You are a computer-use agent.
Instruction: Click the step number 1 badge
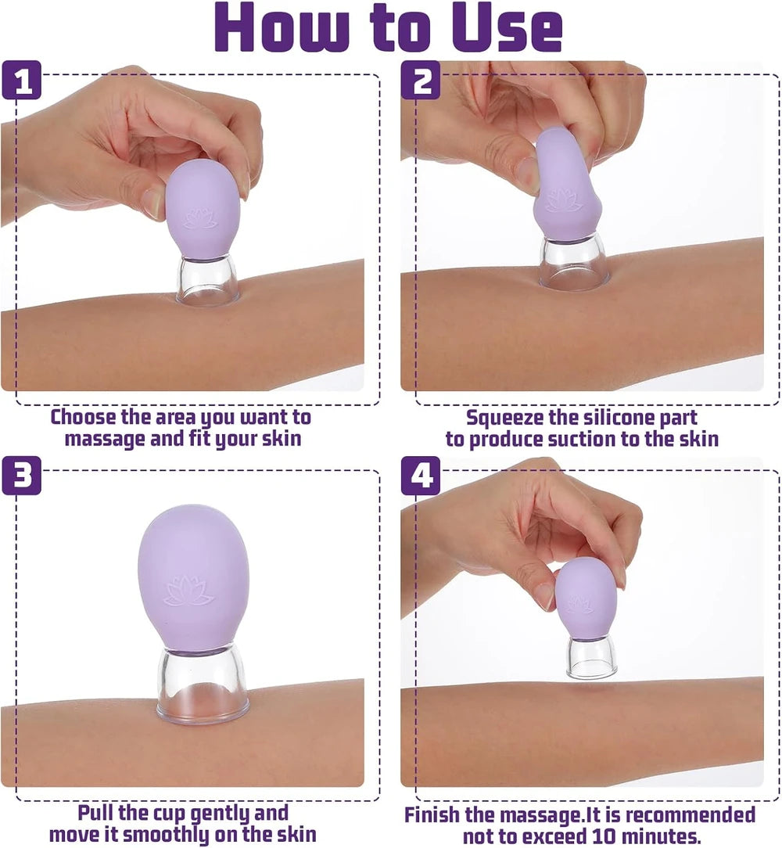click(22, 80)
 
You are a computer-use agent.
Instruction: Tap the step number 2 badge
click(421, 80)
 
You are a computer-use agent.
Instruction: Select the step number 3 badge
click(22, 476)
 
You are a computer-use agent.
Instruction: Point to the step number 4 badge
click(421, 476)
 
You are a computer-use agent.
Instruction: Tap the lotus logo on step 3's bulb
click(189, 591)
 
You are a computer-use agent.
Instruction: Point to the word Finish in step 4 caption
click(432, 814)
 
